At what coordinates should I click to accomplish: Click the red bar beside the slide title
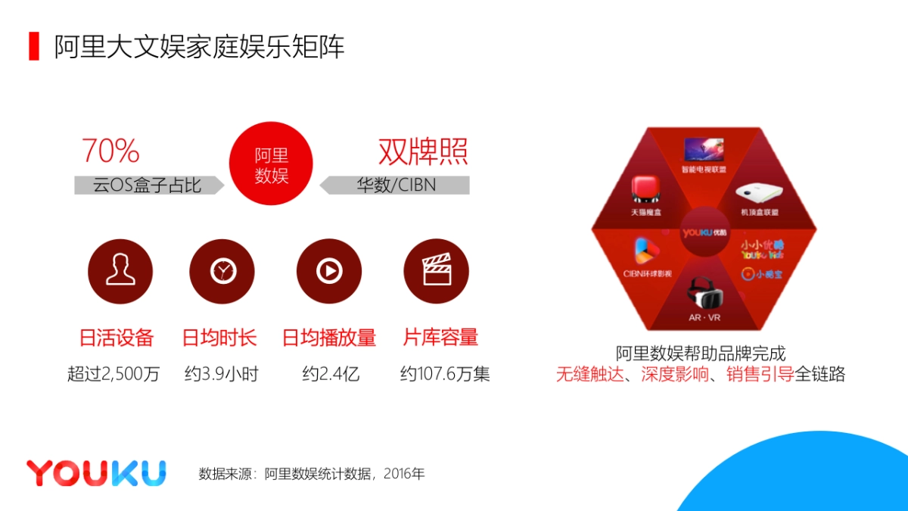click(x=34, y=47)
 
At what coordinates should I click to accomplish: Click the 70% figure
click(x=110, y=151)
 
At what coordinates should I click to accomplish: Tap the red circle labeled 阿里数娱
click(x=271, y=164)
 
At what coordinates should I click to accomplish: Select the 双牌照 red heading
click(x=423, y=152)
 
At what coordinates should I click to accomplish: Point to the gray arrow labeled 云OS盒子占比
click(x=148, y=185)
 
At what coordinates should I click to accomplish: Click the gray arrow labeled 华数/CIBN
click(x=395, y=185)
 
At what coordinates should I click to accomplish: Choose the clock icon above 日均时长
click(x=222, y=271)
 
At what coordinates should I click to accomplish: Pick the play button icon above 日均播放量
click(x=328, y=271)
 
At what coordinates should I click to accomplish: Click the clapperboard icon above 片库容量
click(x=436, y=271)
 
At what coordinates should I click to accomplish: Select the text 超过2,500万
click(x=113, y=374)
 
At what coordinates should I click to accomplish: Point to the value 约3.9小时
click(x=221, y=374)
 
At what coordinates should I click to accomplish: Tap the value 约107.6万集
click(x=445, y=374)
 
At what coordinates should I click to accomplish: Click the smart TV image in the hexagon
click(x=703, y=149)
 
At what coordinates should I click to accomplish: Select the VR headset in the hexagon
click(x=704, y=292)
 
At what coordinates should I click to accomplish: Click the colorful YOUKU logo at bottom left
click(x=96, y=473)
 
